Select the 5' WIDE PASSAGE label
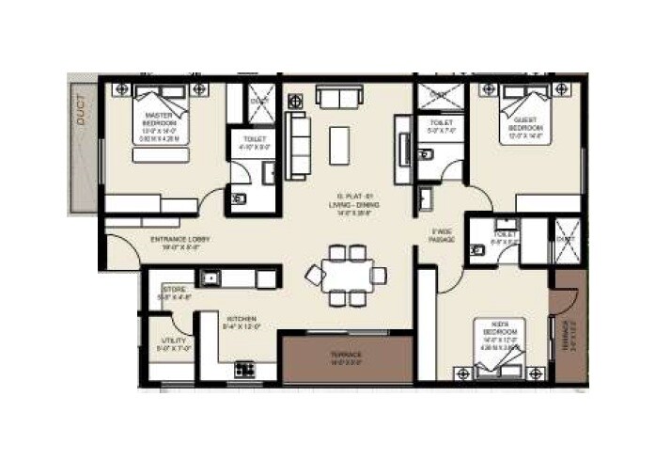(443, 235)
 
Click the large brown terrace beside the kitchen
(347, 357)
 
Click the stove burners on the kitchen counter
(244, 369)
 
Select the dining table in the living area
(347, 275)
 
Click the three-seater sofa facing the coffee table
(299, 146)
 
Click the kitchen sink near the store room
(212, 277)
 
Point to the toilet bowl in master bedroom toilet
(238, 198)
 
